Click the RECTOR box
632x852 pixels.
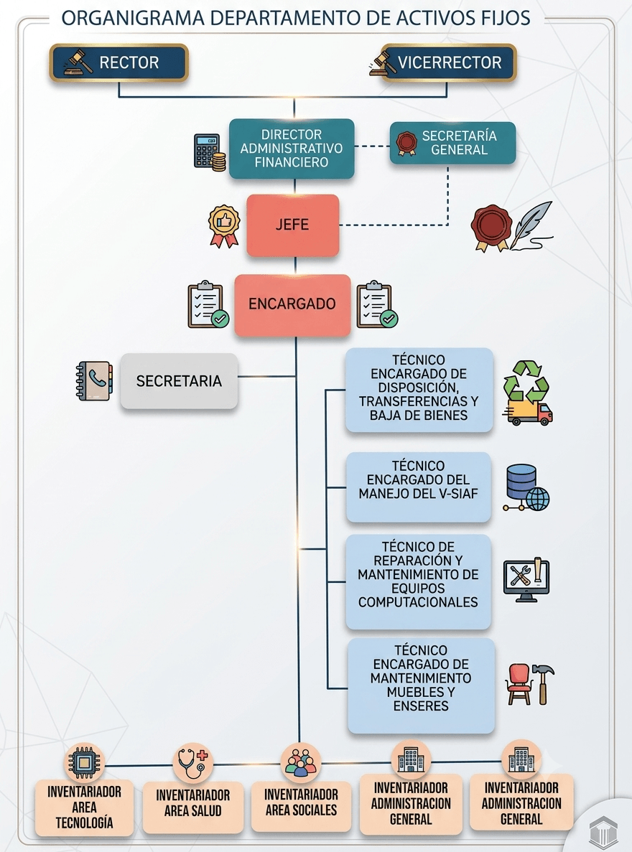point(118,63)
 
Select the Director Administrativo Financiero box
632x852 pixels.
point(292,149)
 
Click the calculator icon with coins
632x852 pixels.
point(210,153)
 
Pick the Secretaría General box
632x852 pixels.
point(452,143)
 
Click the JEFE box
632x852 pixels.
point(292,225)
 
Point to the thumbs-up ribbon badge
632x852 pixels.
point(224,226)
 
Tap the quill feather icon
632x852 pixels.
point(532,226)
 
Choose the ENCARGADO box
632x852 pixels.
point(292,304)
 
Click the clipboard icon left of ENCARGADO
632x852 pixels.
point(208,305)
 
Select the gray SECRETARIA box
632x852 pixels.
point(179,381)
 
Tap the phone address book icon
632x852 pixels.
point(95,380)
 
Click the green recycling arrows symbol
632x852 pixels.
point(526,380)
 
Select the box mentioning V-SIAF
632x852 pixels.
point(418,487)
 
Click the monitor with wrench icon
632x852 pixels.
point(526,580)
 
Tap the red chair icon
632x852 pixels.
point(519,684)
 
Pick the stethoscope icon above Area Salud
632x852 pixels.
point(192,763)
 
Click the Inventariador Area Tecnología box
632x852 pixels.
point(84,807)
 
